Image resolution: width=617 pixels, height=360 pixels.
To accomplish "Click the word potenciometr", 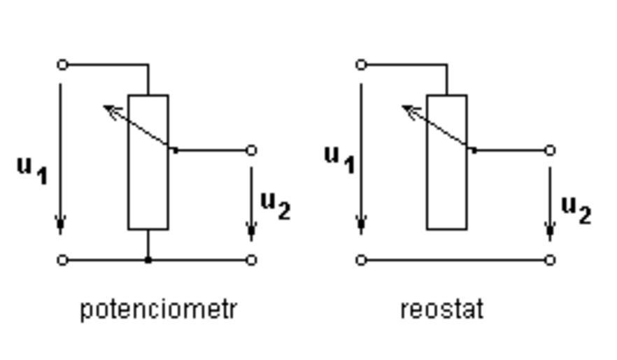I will (x=159, y=309).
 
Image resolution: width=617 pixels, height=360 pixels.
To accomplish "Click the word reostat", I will (x=441, y=309).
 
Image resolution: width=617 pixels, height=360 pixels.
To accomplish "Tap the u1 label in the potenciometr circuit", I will (x=32, y=168).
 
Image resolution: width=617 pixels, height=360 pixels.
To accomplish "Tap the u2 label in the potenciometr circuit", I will (x=275, y=204).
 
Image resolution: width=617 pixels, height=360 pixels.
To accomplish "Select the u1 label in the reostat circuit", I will (x=339, y=157).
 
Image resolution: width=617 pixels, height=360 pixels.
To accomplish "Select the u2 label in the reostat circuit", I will (x=576, y=208).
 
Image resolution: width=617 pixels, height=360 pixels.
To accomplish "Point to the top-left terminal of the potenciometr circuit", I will (x=62, y=65).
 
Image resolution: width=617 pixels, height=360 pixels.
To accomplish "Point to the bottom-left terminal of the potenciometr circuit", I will (x=62, y=260).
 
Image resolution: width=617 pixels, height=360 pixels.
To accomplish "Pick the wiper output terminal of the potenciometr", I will (x=252, y=150).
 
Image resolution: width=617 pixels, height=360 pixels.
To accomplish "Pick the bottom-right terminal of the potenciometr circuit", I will (x=252, y=260).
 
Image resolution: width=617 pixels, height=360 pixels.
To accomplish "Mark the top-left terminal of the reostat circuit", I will (x=361, y=65).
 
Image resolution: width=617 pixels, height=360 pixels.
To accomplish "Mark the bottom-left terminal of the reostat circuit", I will (x=361, y=260).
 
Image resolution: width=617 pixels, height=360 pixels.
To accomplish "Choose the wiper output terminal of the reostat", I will (x=550, y=150).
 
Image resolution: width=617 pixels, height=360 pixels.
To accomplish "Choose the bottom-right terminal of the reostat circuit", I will (x=550, y=260).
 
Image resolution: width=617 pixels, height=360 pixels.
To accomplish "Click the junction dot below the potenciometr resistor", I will (x=148, y=260).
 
